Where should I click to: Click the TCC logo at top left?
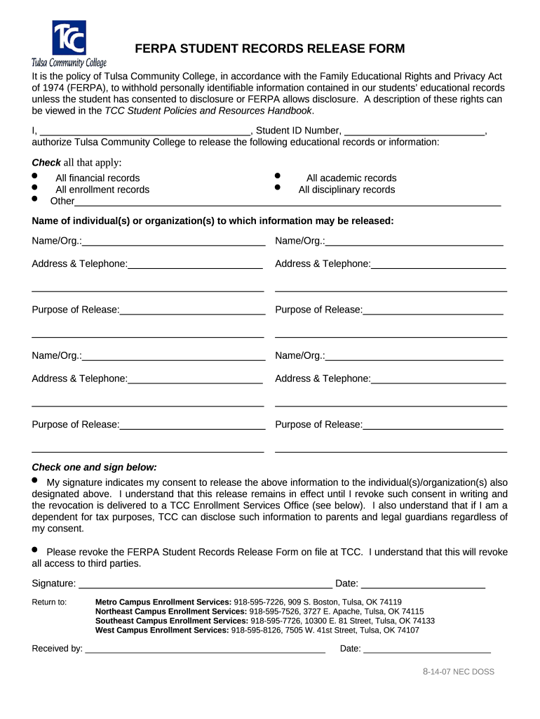69,43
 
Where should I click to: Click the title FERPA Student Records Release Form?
269,48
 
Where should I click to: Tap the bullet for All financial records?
35,176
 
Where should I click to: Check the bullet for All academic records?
278,176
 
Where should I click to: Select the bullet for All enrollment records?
35,187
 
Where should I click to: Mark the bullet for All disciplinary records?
278,187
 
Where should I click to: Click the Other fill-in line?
288,203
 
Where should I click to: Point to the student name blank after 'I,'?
144,131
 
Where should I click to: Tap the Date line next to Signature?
423,584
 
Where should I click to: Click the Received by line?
205,649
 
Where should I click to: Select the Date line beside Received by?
427,649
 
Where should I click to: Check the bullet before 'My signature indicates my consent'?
36,480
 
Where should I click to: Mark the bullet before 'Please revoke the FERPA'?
36,549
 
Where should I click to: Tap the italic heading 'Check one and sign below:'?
94,468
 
